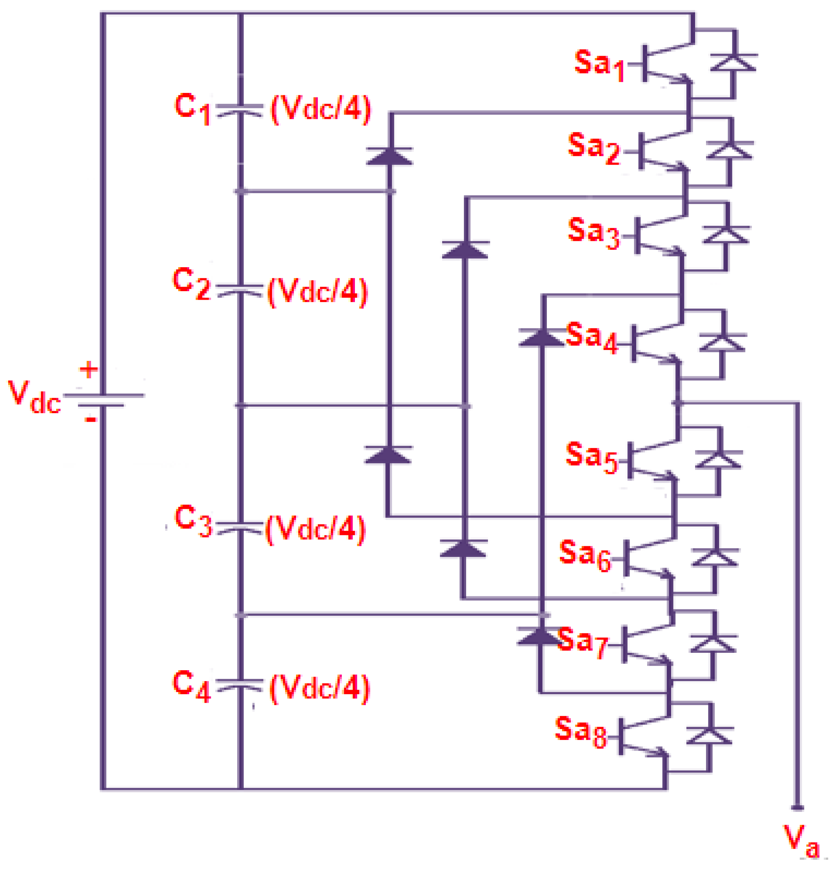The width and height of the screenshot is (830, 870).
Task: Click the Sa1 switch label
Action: (x=599, y=65)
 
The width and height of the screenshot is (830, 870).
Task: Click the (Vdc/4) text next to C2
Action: (x=318, y=292)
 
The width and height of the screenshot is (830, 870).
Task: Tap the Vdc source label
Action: (x=34, y=396)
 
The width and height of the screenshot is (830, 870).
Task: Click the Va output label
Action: (x=802, y=846)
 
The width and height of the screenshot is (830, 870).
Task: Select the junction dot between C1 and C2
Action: (x=240, y=191)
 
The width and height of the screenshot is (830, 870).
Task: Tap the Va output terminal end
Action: (x=798, y=808)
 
